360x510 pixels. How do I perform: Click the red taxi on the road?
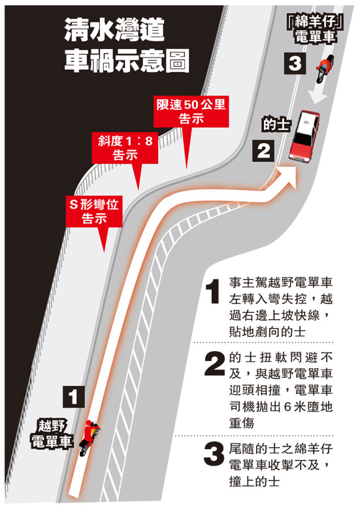click(304, 135)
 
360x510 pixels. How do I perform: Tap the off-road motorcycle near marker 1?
click(88, 437)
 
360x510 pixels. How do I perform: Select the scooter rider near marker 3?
click(325, 68)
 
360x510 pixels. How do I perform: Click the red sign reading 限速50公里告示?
click(191, 112)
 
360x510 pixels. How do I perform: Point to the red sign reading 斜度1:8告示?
click(125, 148)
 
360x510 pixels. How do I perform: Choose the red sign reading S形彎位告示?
click(94, 211)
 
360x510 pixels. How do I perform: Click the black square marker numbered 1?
click(74, 397)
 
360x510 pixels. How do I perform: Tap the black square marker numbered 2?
click(263, 150)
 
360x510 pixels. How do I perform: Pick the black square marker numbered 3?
click(295, 63)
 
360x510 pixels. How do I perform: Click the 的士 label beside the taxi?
click(276, 124)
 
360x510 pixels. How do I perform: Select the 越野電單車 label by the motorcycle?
click(52, 434)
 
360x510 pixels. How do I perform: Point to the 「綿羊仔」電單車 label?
click(315, 29)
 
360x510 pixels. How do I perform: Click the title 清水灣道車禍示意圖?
click(127, 44)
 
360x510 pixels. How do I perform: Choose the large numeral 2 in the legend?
click(214, 364)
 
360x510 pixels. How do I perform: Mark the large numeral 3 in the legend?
click(214, 454)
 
